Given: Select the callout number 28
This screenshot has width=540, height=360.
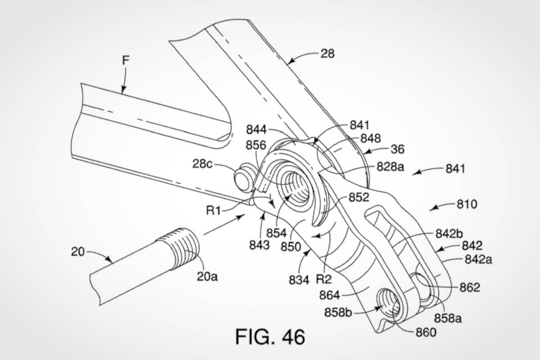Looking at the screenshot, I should coord(328,54).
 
